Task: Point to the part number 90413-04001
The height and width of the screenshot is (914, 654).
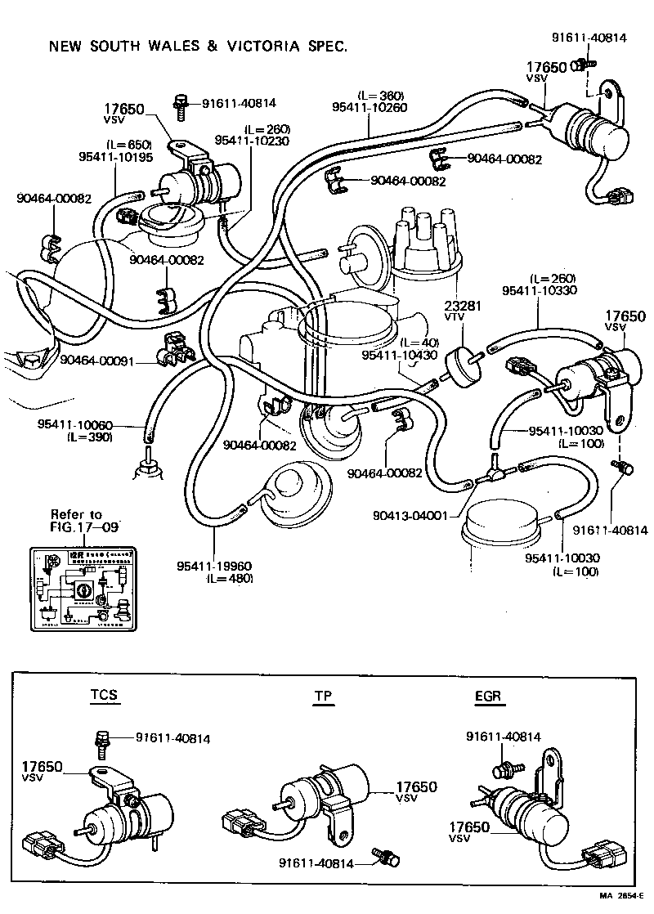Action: point(410,515)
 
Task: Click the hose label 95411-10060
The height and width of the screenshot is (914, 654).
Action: point(74,425)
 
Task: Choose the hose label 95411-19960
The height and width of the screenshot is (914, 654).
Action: point(214,566)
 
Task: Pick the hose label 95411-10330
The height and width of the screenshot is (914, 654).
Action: point(540,290)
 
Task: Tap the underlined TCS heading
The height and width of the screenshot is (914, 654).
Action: point(103,696)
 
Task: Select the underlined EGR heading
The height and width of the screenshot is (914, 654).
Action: point(488,697)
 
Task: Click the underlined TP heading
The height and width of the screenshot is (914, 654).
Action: point(323,697)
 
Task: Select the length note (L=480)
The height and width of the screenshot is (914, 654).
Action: point(231,578)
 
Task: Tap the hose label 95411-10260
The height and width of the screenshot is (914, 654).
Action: point(369,106)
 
